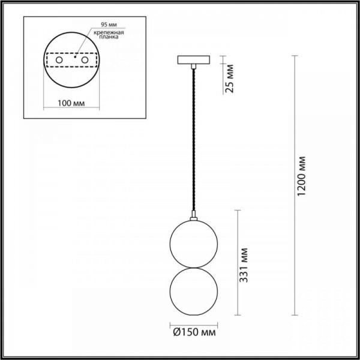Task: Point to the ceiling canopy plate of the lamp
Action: (193, 60)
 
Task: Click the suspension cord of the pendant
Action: (193, 138)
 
